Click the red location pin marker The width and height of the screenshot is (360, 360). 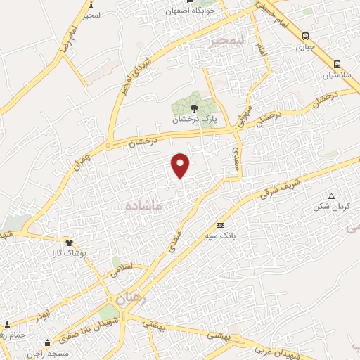(181, 165)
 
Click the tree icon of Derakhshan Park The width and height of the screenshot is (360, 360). (195, 108)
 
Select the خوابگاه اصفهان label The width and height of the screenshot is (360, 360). (188, 11)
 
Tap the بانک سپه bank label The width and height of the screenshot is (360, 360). (221, 236)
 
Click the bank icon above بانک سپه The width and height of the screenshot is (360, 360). (221, 225)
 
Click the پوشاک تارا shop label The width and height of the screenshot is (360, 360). (70, 252)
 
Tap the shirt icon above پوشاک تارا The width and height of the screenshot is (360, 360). (70, 241)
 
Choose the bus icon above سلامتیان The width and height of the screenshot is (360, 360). (337, 63)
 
